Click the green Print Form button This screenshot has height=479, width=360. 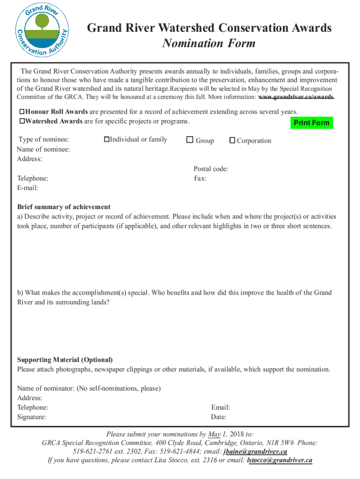pos(311,123)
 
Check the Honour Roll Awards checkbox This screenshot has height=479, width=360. pos(22,112)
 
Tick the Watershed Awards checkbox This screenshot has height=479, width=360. pos(22,122)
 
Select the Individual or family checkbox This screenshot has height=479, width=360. pos(107,139)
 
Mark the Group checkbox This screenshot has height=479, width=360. pos(189,140)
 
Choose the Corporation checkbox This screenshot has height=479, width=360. pos(232,140)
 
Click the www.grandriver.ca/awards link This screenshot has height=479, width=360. pos(296,97)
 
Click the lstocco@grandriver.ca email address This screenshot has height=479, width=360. pos(279,460)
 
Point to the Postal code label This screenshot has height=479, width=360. pos(211,169)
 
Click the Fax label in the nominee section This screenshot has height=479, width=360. pos(200,178)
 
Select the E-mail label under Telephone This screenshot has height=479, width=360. pos(28,188)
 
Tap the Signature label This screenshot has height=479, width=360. pos(32,417)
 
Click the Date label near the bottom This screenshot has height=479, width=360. pos(219,417)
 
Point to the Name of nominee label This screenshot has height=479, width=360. pos(43,149)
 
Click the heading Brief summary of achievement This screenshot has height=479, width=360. pos(64,207)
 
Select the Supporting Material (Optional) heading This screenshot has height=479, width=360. pos(65,360)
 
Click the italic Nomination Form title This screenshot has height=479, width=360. pos(209,44)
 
